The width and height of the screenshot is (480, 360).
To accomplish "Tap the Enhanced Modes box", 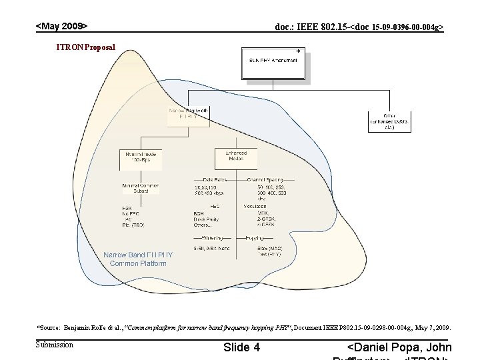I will [x=235, y=157].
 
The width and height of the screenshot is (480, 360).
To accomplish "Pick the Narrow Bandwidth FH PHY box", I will [x=189, y=113].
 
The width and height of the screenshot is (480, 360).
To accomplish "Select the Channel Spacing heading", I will [x=265, y=180].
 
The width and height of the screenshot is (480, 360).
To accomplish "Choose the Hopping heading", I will [x=255, y=237].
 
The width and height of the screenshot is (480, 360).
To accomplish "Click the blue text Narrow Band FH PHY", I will [x=138, y=255].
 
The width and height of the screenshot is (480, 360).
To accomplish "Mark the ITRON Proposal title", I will [x=86, y=47].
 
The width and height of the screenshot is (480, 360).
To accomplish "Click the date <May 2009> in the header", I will [x=61, y=26].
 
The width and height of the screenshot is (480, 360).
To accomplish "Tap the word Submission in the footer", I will [x=55, y=345].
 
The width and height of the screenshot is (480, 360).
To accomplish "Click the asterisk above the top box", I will [x=298, y=51].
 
